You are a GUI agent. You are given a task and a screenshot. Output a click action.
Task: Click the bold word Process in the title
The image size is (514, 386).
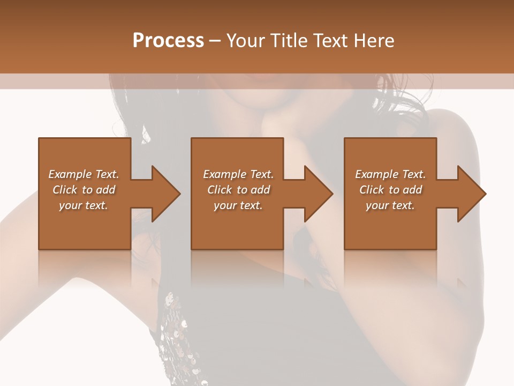coord(168,41)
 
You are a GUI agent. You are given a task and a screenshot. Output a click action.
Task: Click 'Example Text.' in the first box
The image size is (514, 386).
coord(84,174)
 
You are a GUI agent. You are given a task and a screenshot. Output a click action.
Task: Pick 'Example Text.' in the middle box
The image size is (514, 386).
coord(238,174)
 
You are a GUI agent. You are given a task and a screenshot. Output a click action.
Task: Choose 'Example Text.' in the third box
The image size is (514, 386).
coord(390,174)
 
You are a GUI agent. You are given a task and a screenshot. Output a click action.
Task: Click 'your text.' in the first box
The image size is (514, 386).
coord(84,205)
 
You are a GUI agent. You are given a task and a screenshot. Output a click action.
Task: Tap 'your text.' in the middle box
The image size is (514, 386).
coord(238,205)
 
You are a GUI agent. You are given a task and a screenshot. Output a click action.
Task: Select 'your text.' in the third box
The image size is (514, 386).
coord(390,205)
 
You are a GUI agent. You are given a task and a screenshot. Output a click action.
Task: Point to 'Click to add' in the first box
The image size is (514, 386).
coord(84,190)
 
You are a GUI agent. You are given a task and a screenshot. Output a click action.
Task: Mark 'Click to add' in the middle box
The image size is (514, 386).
coord(238,190)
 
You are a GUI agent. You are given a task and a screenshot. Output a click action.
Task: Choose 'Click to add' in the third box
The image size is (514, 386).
coord(390,190)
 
